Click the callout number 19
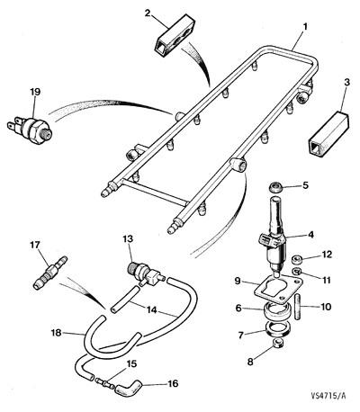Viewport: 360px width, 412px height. pos(35,92)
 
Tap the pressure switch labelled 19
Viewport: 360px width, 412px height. pos(30,128)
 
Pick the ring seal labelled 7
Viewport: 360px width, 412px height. pos(279,328)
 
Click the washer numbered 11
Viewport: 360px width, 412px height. pos(297,272)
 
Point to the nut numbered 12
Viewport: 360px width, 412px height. pos(297,258)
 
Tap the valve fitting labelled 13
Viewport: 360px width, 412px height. pos(145,272)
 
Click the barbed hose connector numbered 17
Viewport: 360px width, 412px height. pos(50,272)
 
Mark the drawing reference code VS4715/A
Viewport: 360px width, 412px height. pos(328,396)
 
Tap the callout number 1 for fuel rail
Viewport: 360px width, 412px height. pos(305,27)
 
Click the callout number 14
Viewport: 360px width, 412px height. pos(152,310)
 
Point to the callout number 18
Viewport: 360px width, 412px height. pos(57,333)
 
